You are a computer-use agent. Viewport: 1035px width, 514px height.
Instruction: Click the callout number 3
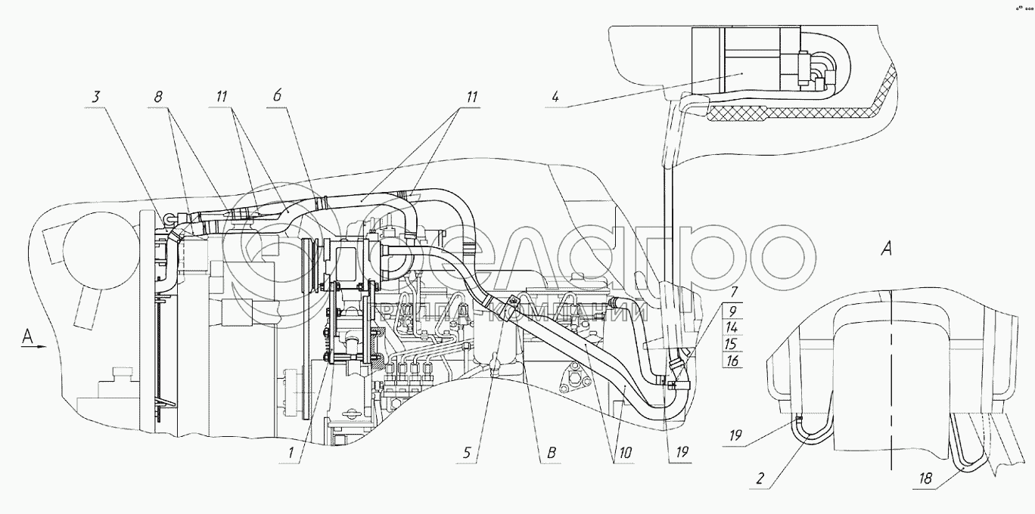pyautogui.click(x=96, y=97)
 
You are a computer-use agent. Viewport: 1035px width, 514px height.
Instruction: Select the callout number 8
pyautogui.click(x=158, y=97)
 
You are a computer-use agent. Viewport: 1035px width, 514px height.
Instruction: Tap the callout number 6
pyautogui.click(x=277, y=97)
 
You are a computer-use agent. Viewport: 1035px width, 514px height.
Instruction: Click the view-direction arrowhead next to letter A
pyautogui.click(x=43, y=347)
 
